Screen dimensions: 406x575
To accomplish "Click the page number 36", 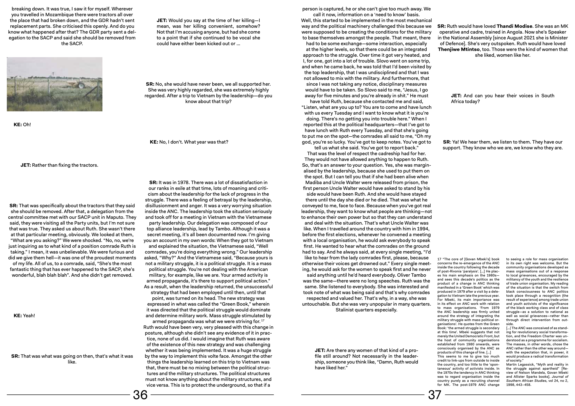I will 140,395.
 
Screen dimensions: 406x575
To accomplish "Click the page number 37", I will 434,395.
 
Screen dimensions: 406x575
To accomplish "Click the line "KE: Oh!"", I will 22,125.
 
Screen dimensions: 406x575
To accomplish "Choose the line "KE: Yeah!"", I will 24,316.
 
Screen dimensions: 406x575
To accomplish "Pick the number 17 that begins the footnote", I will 439,259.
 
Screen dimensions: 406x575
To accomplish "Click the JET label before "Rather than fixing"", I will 25,165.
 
